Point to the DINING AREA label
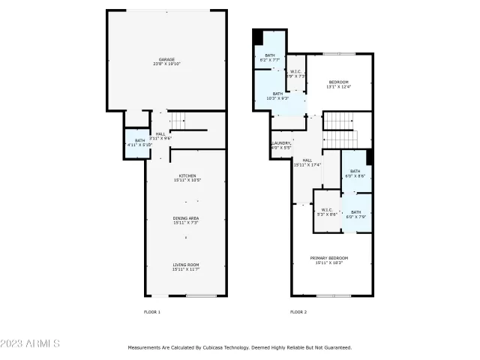click(187, 220)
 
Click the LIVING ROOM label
click(187, 265)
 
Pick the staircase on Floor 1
click(176, 119)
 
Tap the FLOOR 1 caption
click(152, 311)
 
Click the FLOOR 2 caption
click(298, 311)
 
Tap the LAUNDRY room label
click(281, 145)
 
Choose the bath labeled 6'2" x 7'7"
click(269, 58)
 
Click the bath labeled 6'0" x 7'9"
click(356, 214)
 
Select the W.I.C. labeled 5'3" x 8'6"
click(326, 211)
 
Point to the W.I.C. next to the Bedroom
click(296, 74)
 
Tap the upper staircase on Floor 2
click(339, 120)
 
